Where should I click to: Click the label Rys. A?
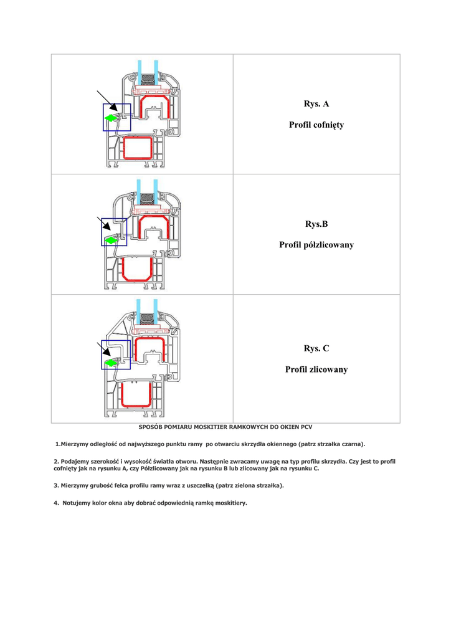316,103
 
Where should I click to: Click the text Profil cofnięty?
316,125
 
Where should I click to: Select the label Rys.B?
316,224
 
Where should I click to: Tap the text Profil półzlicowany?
316,245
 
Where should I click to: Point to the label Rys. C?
316,348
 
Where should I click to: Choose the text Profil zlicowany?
316,369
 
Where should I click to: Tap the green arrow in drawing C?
111,361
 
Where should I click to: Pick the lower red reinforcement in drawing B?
137,268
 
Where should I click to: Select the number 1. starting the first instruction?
57,444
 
